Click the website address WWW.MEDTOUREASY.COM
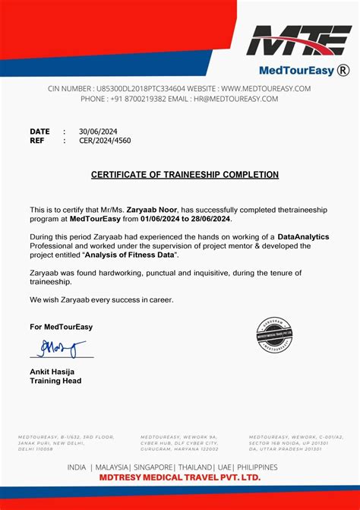coord(266,89)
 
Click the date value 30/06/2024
coord(94,131)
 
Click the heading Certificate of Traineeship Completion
coord(185,175)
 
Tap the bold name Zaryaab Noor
coord(152,209)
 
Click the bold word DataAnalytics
coord(303,237)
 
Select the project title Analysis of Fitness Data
coord(134,255)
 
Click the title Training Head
coord(55,381)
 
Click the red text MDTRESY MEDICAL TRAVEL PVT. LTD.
coord(179,477)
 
